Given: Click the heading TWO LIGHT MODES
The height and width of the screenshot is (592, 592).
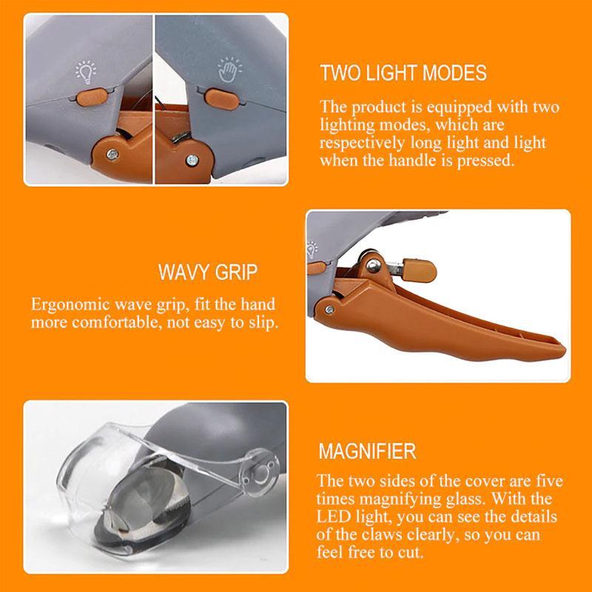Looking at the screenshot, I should point(403,73).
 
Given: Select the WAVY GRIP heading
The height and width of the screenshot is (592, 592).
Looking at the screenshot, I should point(208,272).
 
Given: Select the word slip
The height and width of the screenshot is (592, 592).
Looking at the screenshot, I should point(260,324).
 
